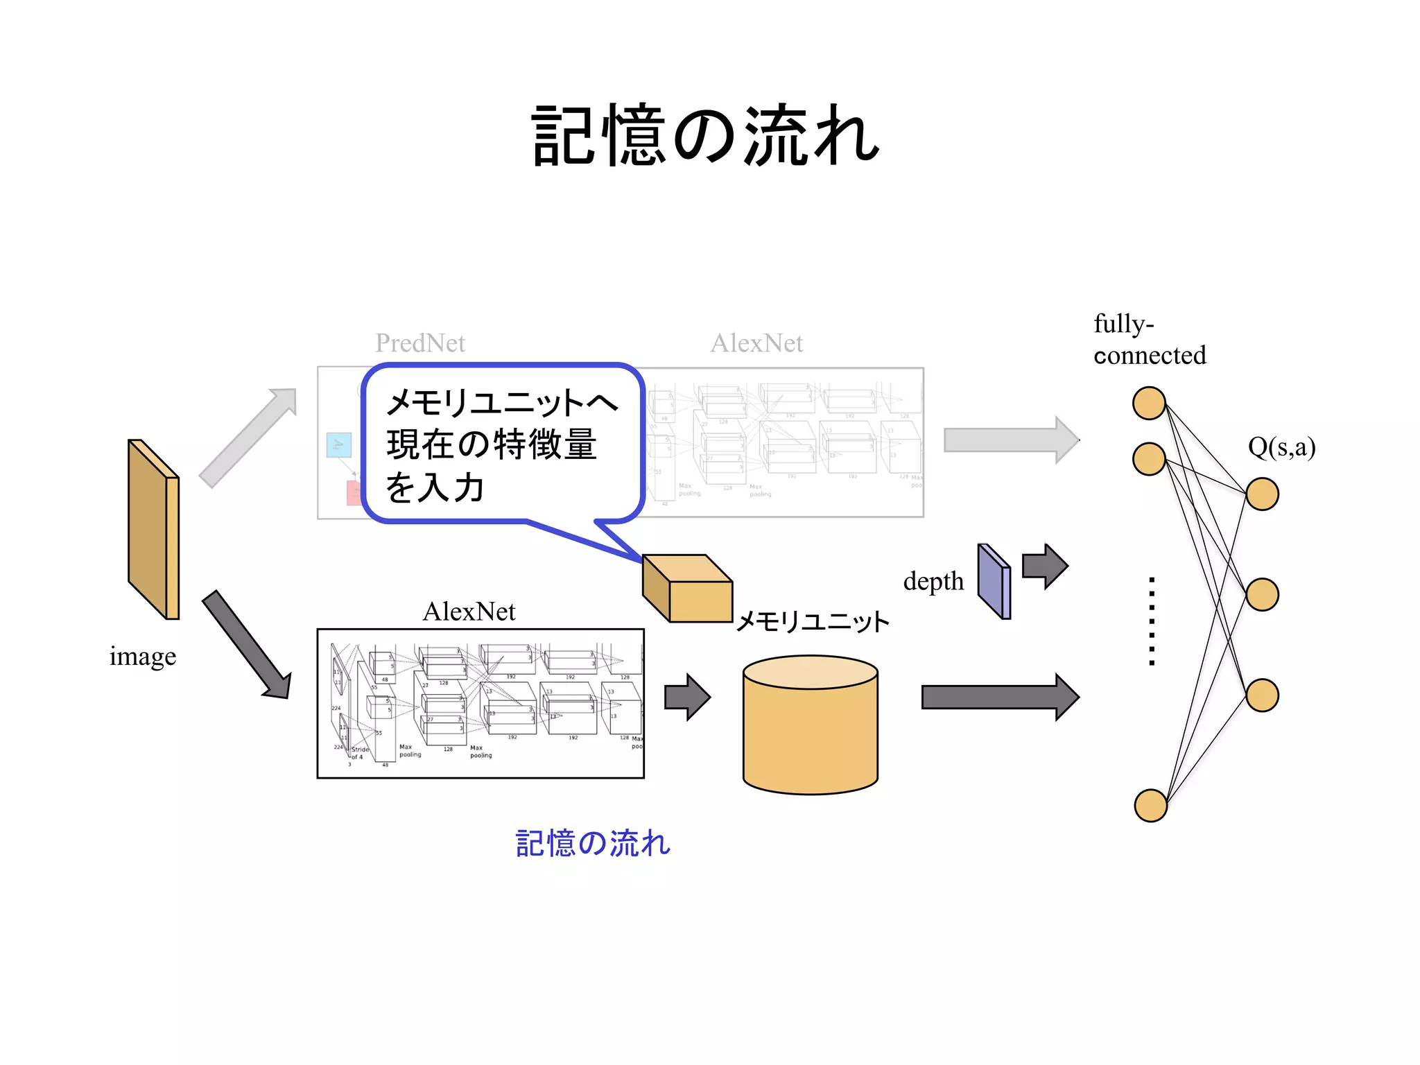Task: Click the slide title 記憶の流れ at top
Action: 705,135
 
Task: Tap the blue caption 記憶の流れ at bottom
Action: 593,843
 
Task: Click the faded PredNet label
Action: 420,343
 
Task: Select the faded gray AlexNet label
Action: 756,343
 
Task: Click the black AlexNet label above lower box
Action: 469,612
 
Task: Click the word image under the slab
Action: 142,656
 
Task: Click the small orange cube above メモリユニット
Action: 687,589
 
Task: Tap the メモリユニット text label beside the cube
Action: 812,621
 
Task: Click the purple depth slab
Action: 994,582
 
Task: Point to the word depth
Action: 933,581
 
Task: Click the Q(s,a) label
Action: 1281,447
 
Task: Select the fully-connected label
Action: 1149,339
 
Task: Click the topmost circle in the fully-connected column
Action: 1149,404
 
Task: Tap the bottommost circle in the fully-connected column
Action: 1150,805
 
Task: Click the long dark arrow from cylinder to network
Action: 999,697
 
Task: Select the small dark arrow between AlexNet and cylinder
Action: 686,697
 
